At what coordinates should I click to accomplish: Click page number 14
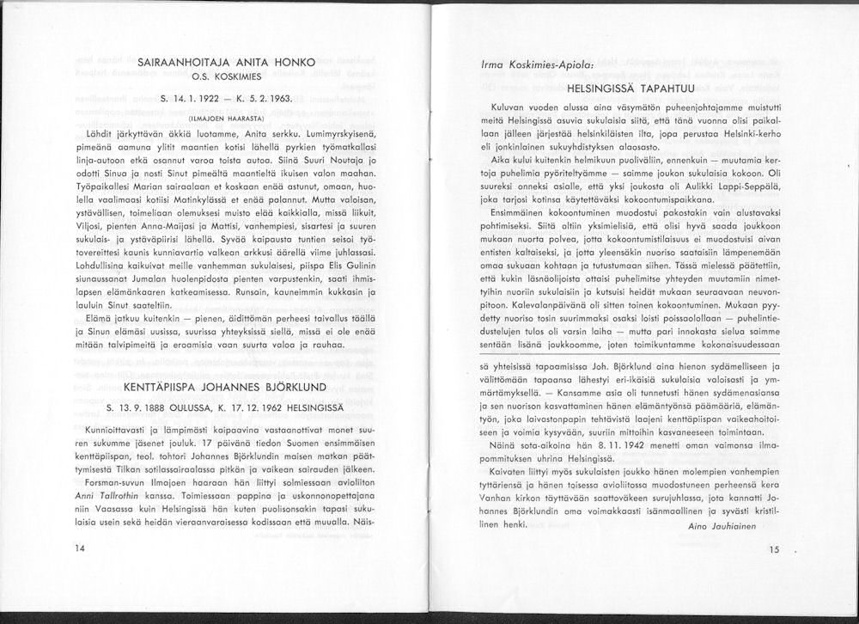click(x=81, y=548)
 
